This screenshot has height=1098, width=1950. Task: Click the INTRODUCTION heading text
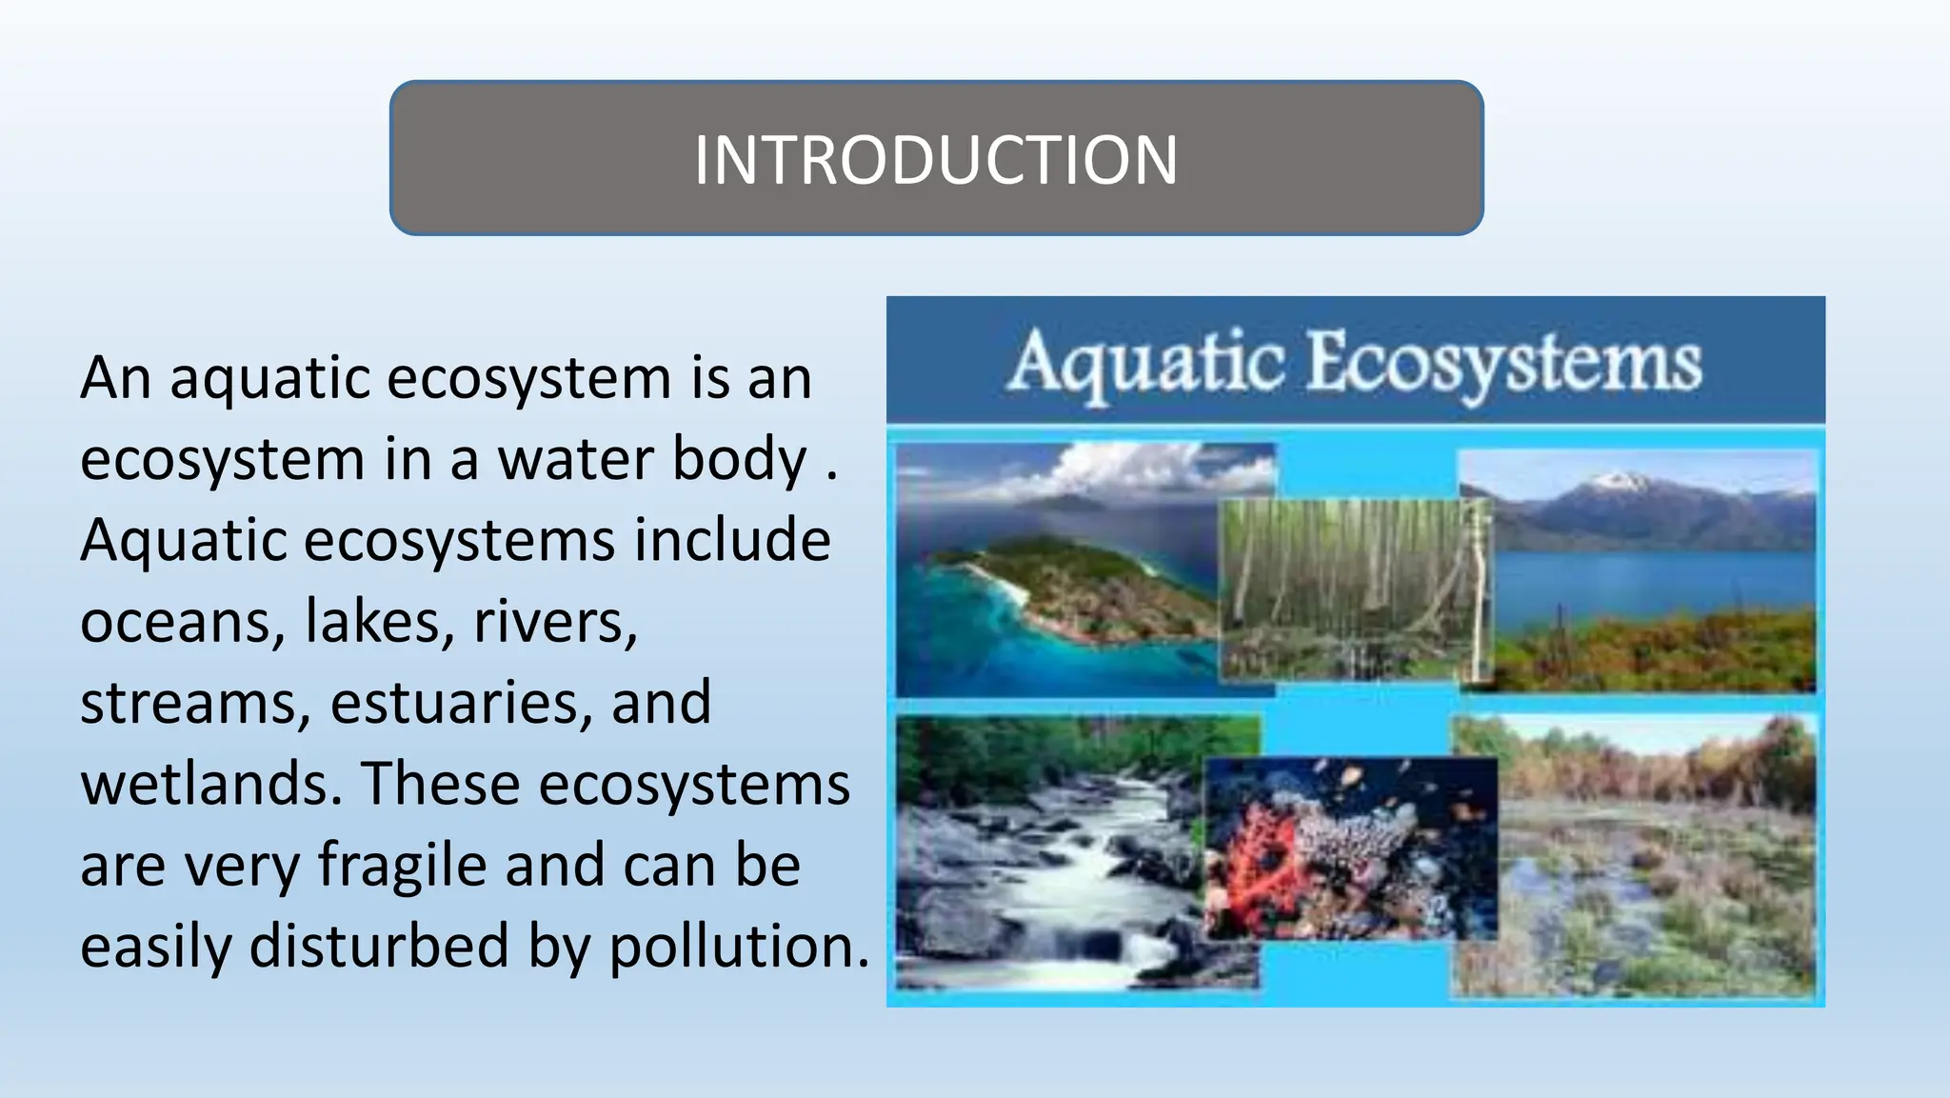[x=936, y=159]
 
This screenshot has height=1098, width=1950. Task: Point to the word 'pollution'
[x=739, y=947]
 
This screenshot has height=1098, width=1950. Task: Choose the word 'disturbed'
[x=380, y=947]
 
